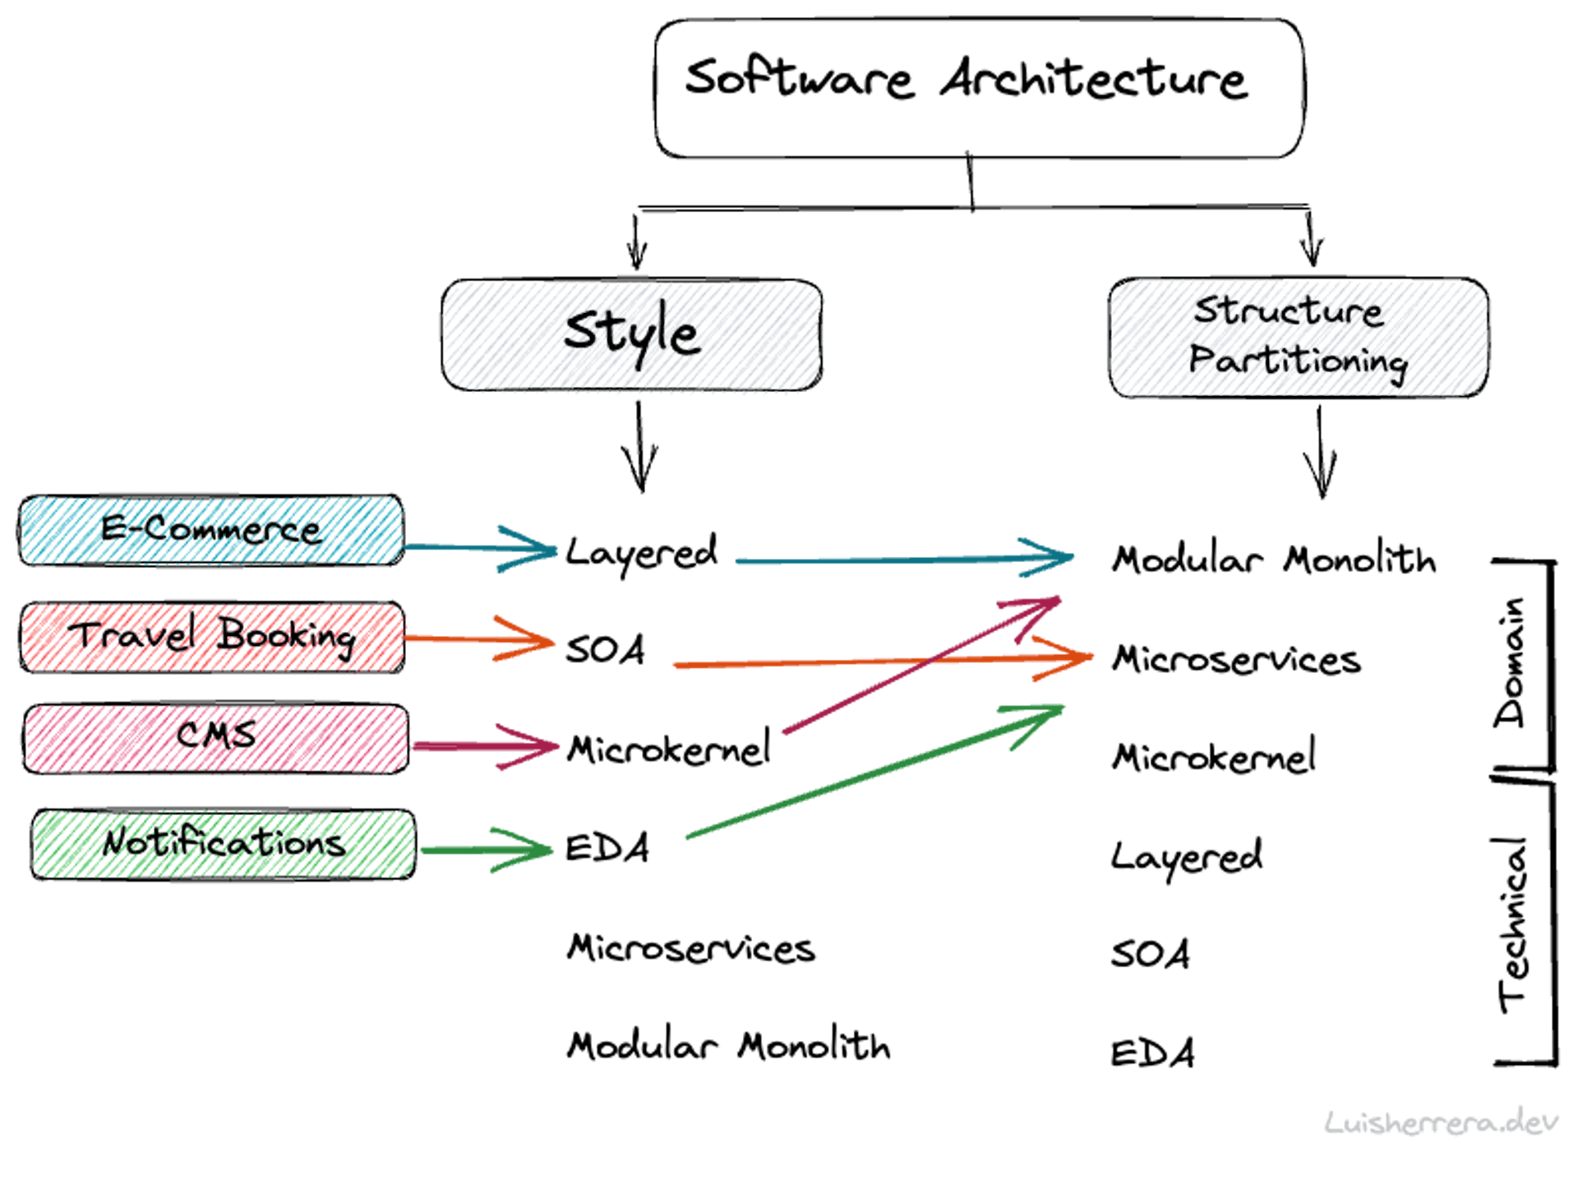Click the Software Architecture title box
click(x=978, y=89)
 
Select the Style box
click(x=631, y=335)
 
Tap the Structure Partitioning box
click(x=1298, y=338)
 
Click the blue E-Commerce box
click(x=210, y=530)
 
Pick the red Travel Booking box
click(x=212, y=637)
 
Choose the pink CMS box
click(x=215, y=737)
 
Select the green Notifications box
click(x=224, y=844)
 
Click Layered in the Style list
click(x=640, y=552)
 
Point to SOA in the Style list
click(x=605, y=649)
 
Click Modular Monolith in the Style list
click(x=728, y=1046)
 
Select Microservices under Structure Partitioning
click(x=1235, y=660)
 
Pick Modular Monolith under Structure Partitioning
click(x=1273, y=560)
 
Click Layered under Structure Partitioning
click(x=1186, y=857)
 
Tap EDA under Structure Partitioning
click(x=1152, y=1053)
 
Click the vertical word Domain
click(x=1511, y=662)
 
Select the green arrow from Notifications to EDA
click(x=485, y=850)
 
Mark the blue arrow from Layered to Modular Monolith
click(x=904, y=559)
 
